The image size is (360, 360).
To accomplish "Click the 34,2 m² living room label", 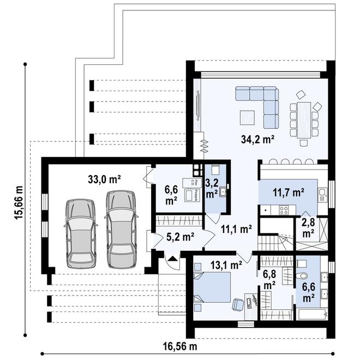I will (x=257, y=139).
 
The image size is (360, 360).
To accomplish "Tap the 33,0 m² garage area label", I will (x=104, y=178).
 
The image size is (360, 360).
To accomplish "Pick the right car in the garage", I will (x=120, y=229).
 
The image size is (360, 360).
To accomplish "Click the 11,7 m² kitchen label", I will (x=287, y=192).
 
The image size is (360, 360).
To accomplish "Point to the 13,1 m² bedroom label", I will (x=226, y=265).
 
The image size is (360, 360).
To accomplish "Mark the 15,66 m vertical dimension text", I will (x=19, y=202).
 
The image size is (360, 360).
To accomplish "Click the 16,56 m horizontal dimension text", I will (x=180, y=346).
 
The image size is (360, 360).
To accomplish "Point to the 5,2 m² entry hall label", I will (x=181, y=237).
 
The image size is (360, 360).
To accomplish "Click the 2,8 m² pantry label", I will (x=308, y=227).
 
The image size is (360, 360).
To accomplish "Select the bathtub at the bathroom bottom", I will (x=310, y=314).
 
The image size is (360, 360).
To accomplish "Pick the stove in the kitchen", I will (x=284, y=209).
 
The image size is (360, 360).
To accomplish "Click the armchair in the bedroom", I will (x=238, y=304).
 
